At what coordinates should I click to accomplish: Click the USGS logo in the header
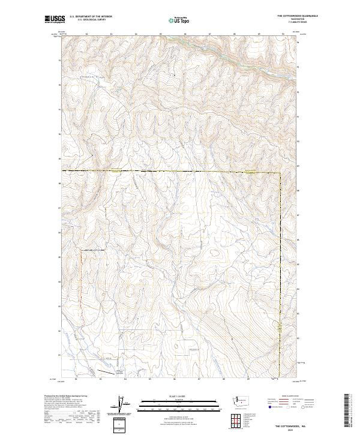point(54,19)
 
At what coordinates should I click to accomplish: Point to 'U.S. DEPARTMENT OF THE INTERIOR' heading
point(91,16)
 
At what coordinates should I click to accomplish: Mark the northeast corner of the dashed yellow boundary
point(280,172)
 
